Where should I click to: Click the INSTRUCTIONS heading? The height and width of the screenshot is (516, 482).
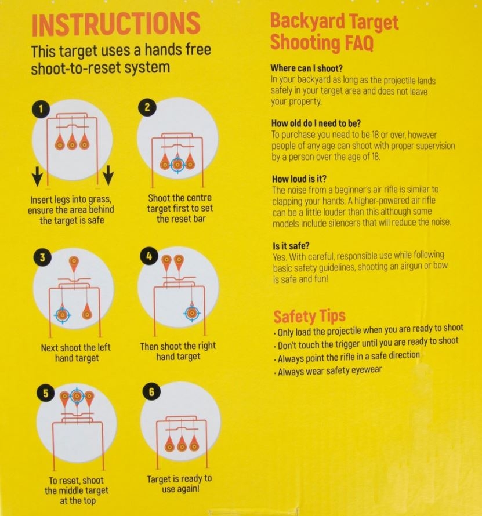point(116,24)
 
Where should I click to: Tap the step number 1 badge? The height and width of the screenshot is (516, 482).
point(41,108)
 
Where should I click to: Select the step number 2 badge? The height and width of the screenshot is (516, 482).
point(147,107)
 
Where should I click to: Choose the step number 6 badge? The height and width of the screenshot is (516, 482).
point(151,393)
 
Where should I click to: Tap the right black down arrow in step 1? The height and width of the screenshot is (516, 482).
point(108,176)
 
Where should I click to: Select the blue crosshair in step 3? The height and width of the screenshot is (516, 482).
point(62,314)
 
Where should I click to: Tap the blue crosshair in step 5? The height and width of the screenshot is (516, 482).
point(76,397)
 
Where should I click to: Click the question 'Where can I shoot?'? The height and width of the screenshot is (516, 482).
point(306,68)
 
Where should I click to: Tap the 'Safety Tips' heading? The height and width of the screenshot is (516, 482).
point(309,316)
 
